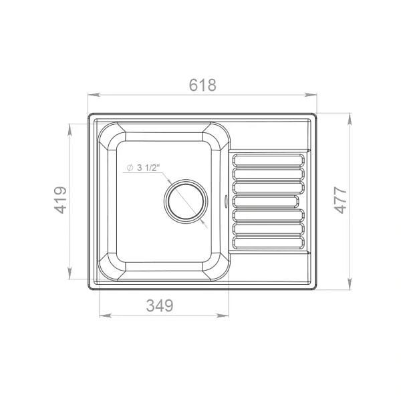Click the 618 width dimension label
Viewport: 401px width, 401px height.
tap(203, 85)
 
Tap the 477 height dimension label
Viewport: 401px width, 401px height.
tap(341, 200)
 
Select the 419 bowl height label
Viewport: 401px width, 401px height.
tap(61, 200)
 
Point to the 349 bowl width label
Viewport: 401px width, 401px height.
tap(160, 305)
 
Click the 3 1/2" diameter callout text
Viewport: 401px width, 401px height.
tap(148, 168)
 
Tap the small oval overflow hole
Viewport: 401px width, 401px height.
tap(226, 200)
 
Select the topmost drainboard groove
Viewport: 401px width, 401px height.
tap(269, 160)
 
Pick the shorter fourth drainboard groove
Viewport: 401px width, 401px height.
tap(265, 201)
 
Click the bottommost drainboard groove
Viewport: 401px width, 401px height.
tap(269, 243)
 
